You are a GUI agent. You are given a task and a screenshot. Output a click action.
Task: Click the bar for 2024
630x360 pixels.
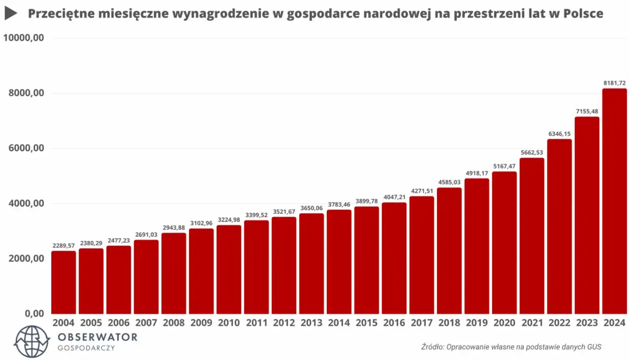(x=614, y=201)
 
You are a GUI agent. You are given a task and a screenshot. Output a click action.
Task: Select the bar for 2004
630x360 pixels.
(x=63, y=282)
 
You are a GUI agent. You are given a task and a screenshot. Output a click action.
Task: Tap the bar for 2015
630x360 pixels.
(x=367, y=260)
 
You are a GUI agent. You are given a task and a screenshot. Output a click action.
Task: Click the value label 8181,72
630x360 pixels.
(x=614, y=84)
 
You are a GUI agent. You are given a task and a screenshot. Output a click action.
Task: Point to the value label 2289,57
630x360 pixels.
(x=63, y=245)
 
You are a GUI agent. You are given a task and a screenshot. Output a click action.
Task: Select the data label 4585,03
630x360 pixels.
(x=449, y=182)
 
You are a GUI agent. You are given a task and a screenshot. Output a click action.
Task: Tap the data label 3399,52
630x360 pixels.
(x=256, y=215)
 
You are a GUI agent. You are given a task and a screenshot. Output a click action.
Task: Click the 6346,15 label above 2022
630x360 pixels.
(x=560, y=134)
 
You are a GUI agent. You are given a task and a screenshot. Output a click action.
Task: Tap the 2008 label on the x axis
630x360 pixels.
(x=173, y=323)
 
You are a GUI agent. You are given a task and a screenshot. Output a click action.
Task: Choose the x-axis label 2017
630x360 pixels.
(x=421, y=323)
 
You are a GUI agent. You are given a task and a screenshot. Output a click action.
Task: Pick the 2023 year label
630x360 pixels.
(x=587, y=323)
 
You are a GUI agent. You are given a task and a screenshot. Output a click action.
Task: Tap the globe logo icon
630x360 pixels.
(x=32, y=341)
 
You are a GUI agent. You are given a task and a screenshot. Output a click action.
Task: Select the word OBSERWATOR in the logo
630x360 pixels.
(x=97, y=337)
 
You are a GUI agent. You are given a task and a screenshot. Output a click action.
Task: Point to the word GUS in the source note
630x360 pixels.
(x=594, y=347)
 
